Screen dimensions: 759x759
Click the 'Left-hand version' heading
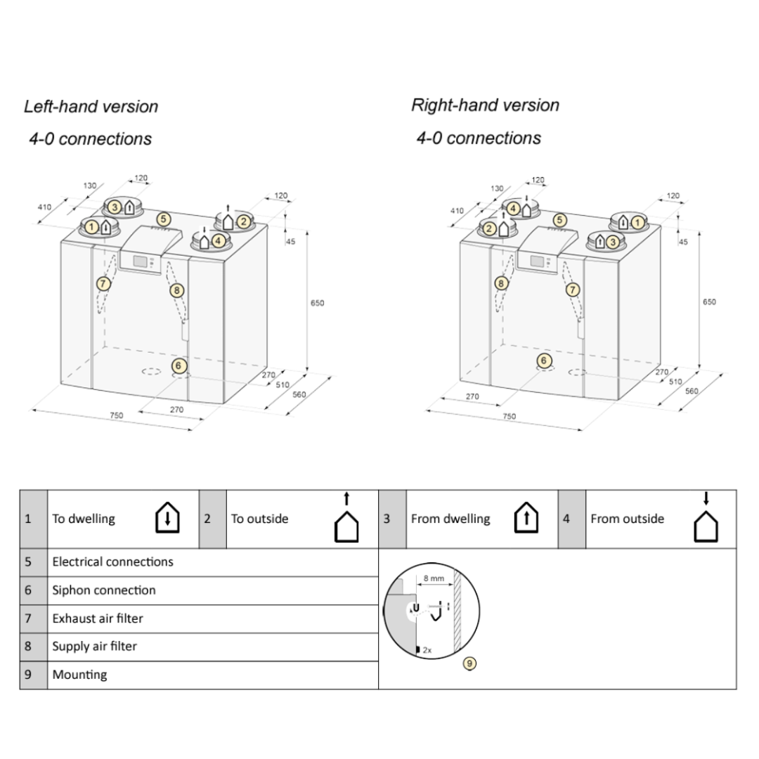(x=91, y=107)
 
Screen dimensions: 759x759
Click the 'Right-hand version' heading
(x=485, y=105)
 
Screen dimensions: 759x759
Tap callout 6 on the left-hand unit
(x=179, y=365)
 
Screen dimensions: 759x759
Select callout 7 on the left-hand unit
(x=103, y=284)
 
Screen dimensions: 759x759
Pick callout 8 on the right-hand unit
(x=501, y=283)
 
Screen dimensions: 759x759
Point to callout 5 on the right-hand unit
(x=560, y=220)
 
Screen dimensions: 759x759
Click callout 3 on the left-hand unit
(x=115, y=207)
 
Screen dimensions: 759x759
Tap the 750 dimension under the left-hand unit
(x=116, y=415)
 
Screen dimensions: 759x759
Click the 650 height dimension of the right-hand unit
(x=709, y=301)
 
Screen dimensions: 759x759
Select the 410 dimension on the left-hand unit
(x=44, y=207)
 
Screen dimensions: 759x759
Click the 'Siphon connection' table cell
(x=104, y=590)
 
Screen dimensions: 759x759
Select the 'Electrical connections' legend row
(x=112, y=562)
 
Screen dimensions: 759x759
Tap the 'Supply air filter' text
(x=94, y=647)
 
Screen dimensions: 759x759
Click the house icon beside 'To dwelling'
(x=167, y=519)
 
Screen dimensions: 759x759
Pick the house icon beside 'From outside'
(x=706, y=523)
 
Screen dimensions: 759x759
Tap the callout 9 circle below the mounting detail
(x=470, y=663)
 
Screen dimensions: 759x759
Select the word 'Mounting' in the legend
(x=79, y=675)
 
